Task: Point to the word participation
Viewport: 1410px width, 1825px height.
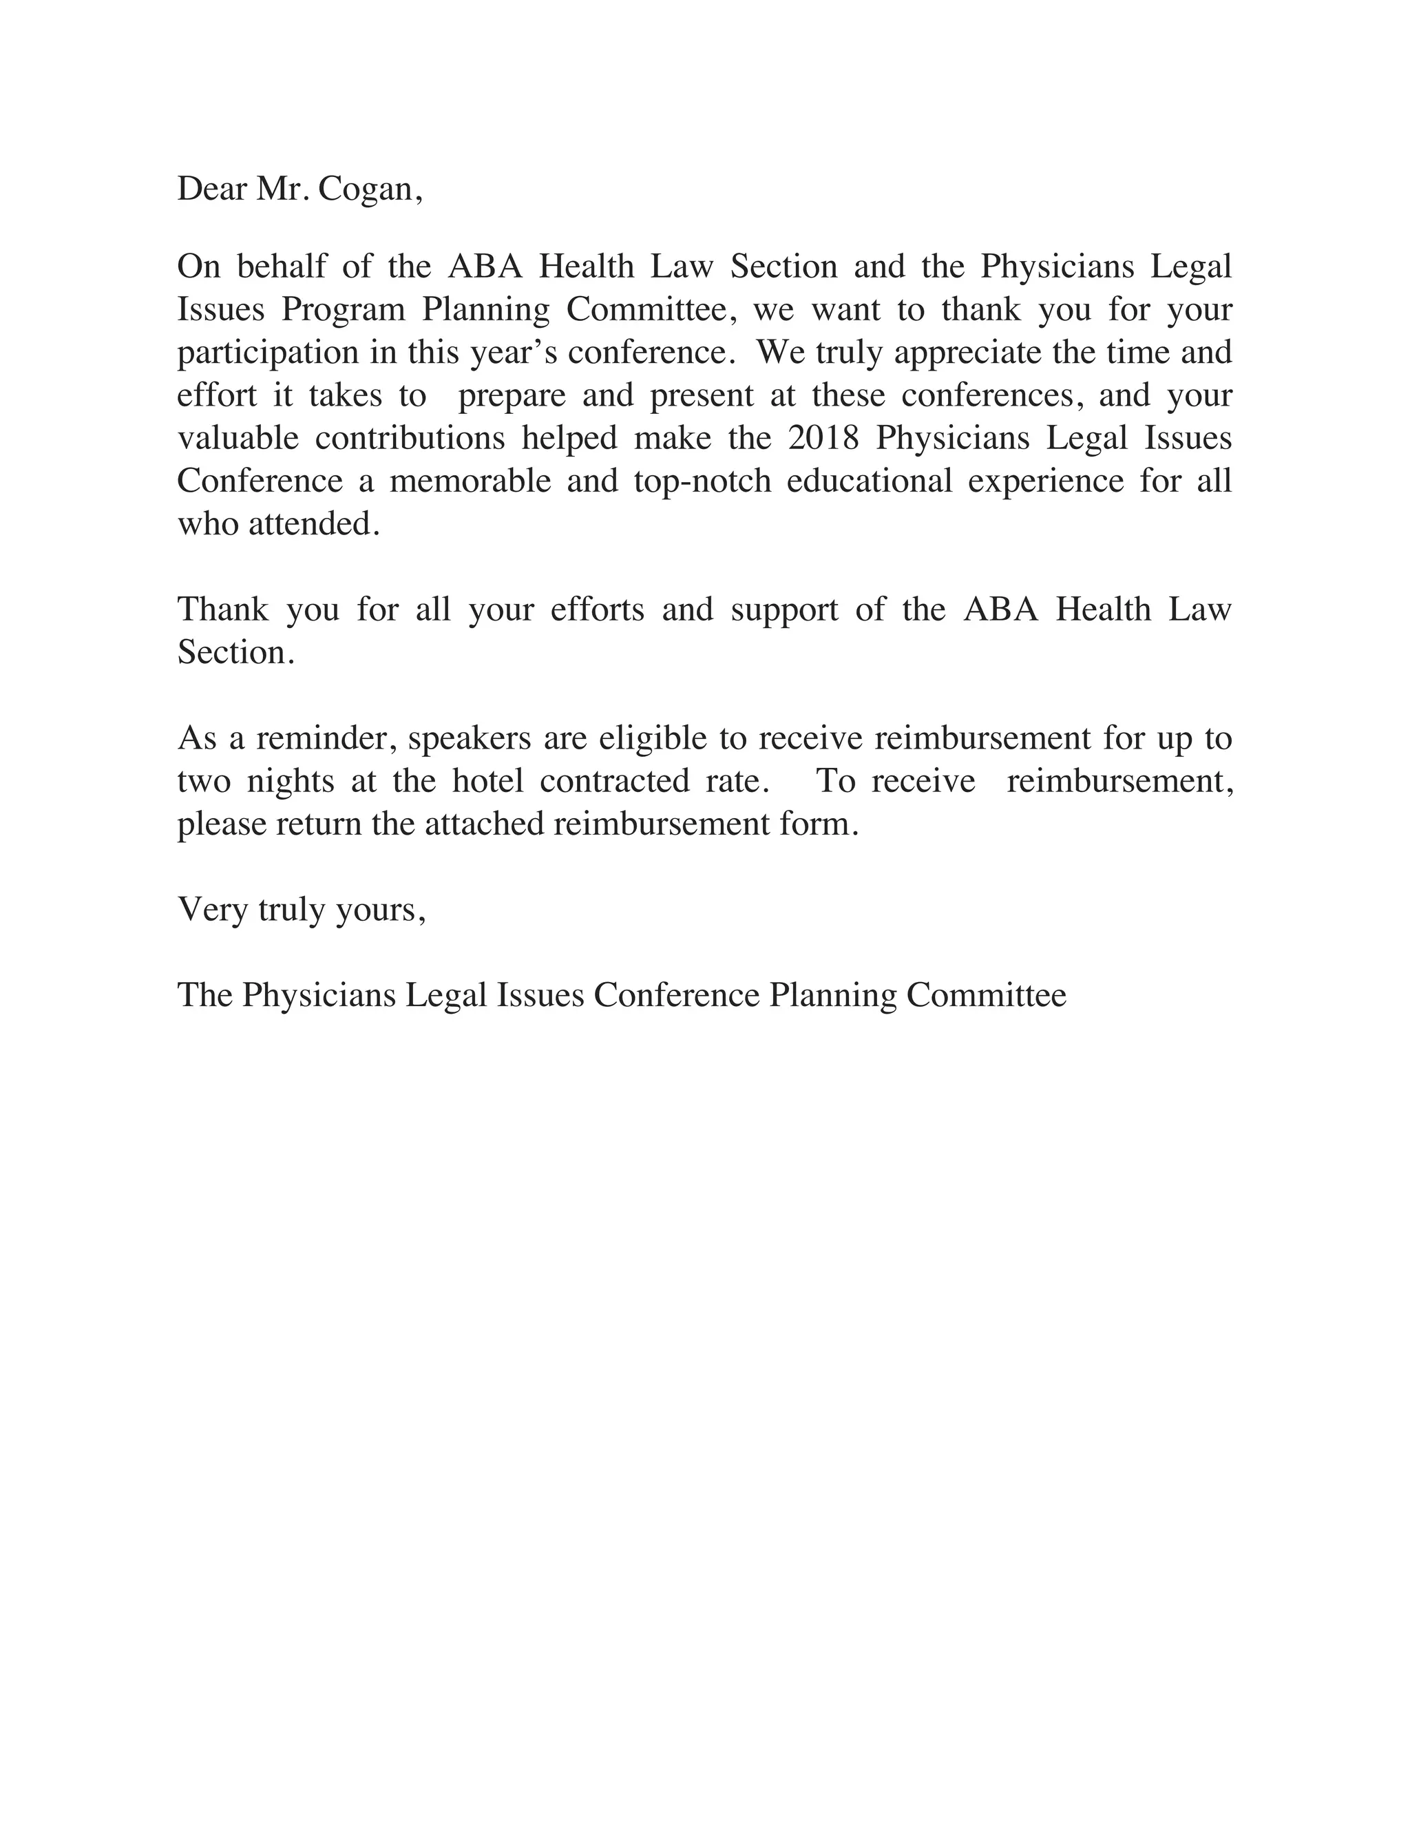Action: coord(267,353)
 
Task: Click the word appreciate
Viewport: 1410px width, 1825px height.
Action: coord(968,353)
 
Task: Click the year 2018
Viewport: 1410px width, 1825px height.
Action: coord(823,439)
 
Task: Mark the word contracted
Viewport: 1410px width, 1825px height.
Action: coord(614,782)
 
